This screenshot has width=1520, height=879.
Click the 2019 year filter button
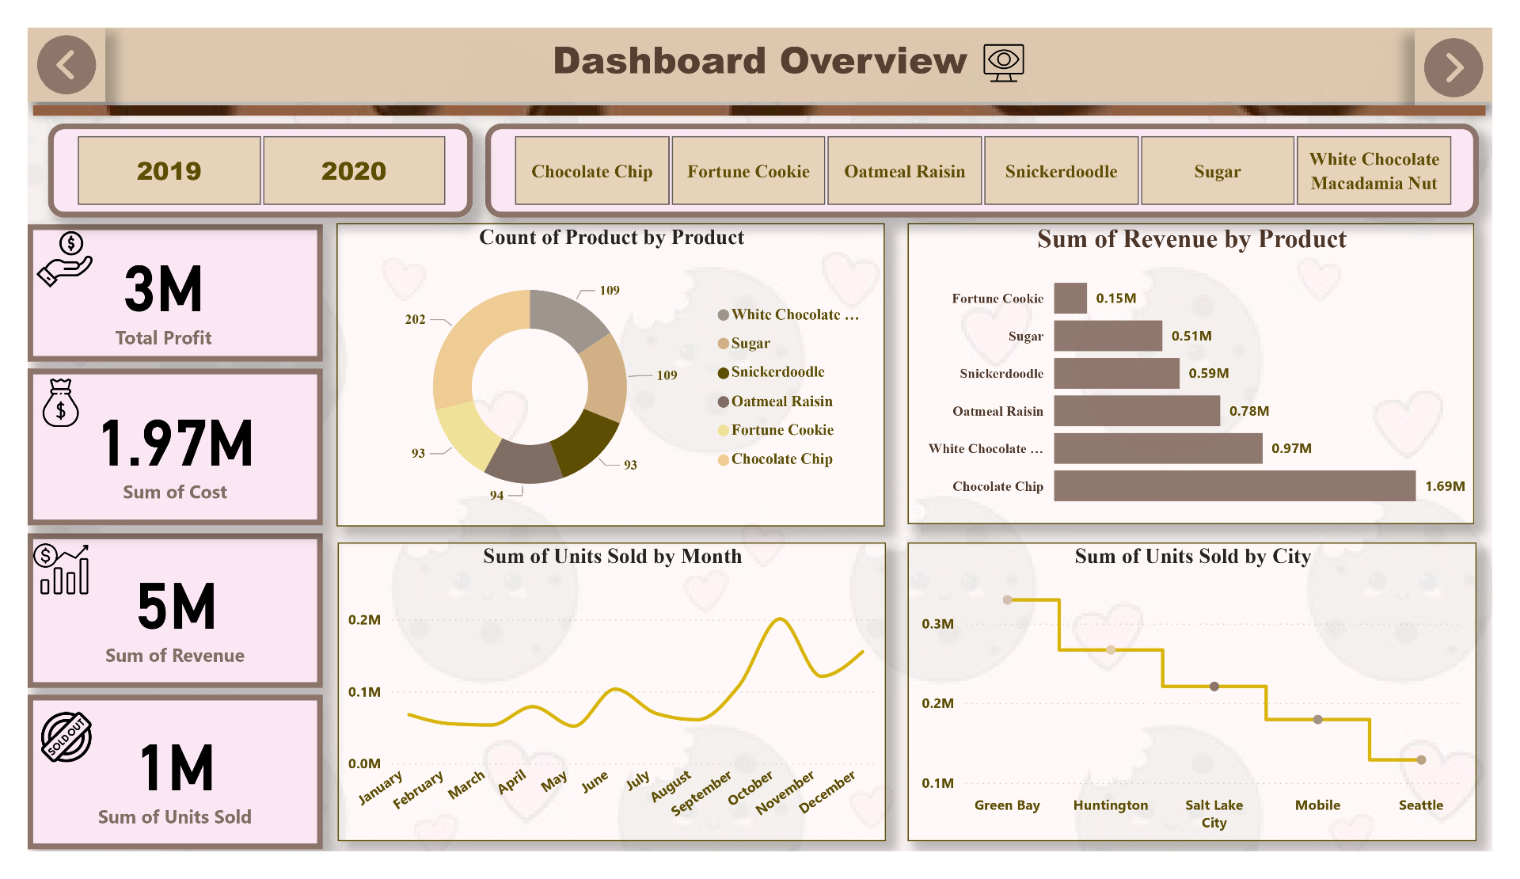point(169,171)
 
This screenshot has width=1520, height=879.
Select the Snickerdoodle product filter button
point(1061,171)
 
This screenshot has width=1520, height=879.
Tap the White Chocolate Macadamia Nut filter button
point(1374,171)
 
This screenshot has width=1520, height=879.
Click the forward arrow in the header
point(1453,67)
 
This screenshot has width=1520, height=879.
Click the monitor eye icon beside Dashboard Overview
point(1003,63)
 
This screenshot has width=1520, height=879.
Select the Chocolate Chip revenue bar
point(1233,486)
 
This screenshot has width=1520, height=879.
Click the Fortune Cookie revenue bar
point(1070,299)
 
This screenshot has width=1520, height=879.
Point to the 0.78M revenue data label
point(1248,411)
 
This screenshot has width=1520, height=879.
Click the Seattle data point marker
point(1421,760)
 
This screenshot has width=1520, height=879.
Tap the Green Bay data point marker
point(1007,600)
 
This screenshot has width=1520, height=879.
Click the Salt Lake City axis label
point(1214,813)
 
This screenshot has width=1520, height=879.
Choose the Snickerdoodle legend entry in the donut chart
point(777,372)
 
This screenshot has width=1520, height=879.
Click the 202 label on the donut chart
point(415,319)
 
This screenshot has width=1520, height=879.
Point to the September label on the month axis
point(701,793)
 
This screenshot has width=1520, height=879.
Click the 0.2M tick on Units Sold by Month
point(364,620)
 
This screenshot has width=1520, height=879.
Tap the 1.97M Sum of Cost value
point(177,444)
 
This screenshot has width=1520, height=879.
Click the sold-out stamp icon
point(66,736)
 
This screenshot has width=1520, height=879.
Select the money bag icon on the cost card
point(60,403)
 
